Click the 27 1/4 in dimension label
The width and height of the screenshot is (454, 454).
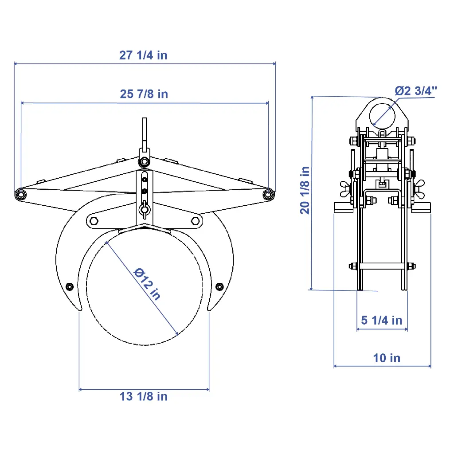(143, 55)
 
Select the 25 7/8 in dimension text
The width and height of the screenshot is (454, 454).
(144, 94)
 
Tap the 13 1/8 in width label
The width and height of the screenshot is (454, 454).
(144, 396)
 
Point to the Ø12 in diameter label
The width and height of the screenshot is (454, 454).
(147, 284)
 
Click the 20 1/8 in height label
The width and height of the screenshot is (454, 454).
(305, 190)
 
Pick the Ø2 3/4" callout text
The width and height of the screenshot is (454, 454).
(416, 91)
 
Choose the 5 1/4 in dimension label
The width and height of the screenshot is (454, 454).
(382, 320)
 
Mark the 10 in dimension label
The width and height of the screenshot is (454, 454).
(387, 358)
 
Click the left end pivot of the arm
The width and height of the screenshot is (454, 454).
(20, 194)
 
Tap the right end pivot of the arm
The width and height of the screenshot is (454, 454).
(268, 194)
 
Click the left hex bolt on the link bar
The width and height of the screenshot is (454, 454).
(94, 221)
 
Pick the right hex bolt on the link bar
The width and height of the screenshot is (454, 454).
(195, 221)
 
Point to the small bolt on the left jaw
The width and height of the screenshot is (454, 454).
(70, 287)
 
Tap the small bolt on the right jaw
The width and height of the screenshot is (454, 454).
(219, 287)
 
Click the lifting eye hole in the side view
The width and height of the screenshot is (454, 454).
(382, 116)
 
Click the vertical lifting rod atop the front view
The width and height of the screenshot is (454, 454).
(145, 133)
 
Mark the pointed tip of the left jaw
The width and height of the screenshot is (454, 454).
(81, 311)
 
